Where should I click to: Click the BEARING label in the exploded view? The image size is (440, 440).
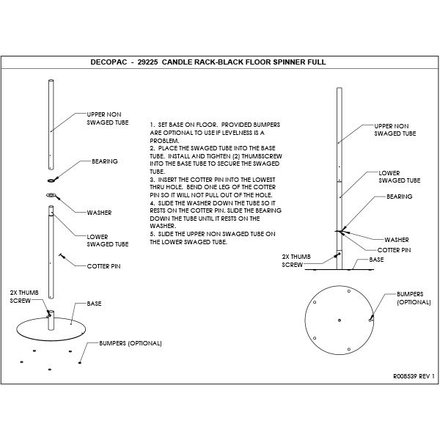[x=104, y=161]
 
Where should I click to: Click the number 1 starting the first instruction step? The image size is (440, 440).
[x=150, y=125]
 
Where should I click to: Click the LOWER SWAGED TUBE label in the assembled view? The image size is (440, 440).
[x=399, y=176]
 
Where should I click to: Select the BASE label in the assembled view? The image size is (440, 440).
[x=376, y=260]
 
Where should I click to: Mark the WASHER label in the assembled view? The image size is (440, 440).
[x=397, y=239]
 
